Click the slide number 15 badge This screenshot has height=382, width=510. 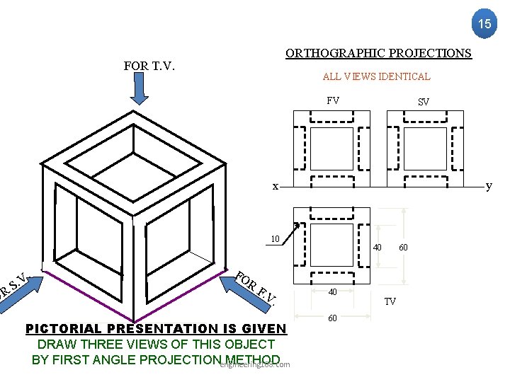click(x=484, y=23)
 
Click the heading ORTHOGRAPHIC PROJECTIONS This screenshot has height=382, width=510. click(x=378, y=53)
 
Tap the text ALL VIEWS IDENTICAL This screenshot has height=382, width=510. click(x=376, y=76)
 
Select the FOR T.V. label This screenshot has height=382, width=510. click(x=149, y=66)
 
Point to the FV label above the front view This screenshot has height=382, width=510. click(x=333, y=100)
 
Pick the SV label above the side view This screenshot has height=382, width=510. click(x=423, y=102)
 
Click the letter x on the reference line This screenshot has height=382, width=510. click(x=276, y=186)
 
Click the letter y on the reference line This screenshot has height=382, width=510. click(x=488, y=186)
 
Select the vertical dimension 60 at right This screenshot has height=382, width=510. click(x=403, y=248)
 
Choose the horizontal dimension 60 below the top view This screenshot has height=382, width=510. click(x=332, y=319)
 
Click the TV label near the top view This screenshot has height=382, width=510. click(x=390, y=301)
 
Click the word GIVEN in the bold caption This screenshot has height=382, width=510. click(x=263, y=329)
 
